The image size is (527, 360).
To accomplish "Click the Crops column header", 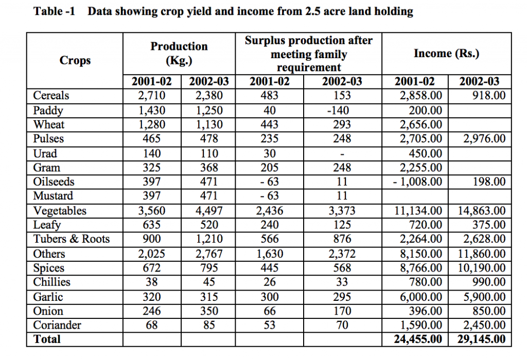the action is coord(75,61).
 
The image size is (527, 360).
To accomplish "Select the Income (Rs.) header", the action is coord(446,53).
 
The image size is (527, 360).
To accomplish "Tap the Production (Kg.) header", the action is coord(179,53).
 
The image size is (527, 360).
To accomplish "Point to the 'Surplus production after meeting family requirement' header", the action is coord(309,53).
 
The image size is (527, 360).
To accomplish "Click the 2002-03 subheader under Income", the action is coord(479,81).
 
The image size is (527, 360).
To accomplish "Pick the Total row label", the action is coord(47,339).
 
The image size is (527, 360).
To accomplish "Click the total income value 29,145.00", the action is coord(481,339).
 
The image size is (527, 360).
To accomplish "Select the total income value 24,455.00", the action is coord(418,339).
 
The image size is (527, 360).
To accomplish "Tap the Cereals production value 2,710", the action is coord(152,96).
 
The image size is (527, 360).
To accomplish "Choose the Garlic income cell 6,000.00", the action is coord(421,297).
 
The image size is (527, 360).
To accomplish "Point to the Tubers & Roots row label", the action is coord(71,239).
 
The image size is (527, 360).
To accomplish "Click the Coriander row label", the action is coord(57,325).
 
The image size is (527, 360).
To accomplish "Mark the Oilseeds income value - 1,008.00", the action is coord(417,182).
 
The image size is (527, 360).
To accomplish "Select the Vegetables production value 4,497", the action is coord(209,211).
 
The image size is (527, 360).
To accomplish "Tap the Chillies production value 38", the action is coord(152,282).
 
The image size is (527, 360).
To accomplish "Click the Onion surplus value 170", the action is coord(342,311).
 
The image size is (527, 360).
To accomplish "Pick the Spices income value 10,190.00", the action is coord(482,268).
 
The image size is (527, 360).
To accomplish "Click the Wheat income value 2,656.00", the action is coord(421,124).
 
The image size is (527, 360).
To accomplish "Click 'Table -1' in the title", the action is coord(54,11).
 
